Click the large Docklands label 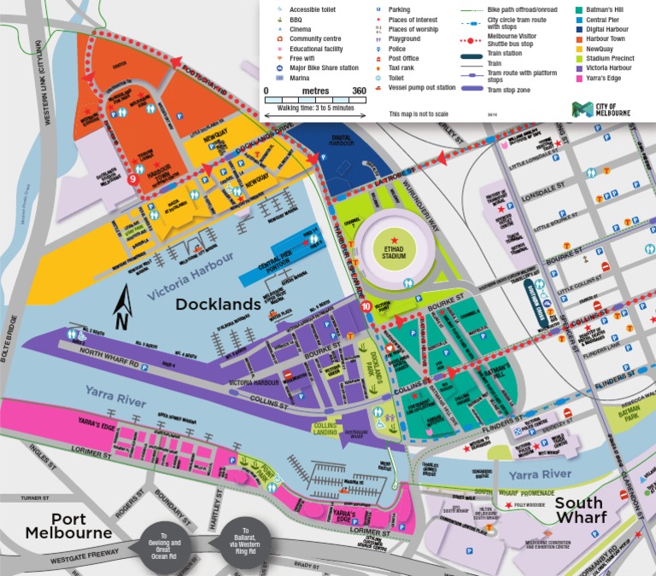218,305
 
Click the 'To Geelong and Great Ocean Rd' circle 166,543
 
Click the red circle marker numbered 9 132,180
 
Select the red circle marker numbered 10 366,306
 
